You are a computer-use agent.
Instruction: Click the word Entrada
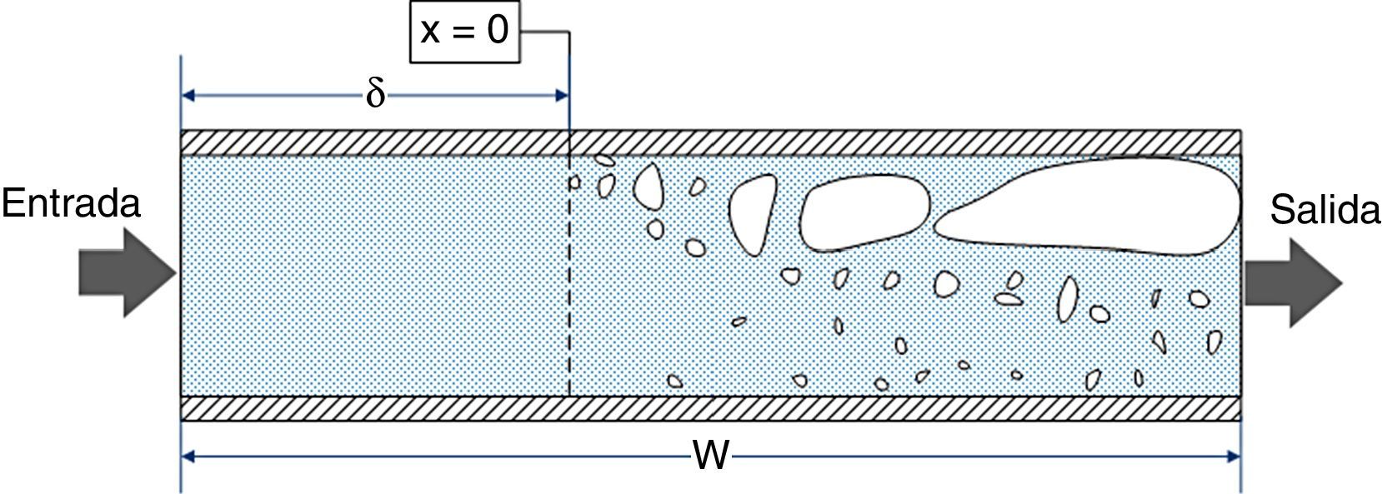pyautogui.click(x=71, y=203)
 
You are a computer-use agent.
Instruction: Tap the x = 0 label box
pyautogui.click(x=464, y=32)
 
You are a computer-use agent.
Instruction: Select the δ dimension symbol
pyautogui.click(x=376, y=95)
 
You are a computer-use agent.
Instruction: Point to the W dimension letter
pyautogui.click(x=711, y=457)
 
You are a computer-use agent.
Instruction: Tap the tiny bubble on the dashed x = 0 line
pyautogui.click(x=573, y=182)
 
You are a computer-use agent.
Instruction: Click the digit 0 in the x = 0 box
pyautogui.click(x=497, y=32)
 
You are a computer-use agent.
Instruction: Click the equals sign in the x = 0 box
pyautogui.click(x=463, y=32)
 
